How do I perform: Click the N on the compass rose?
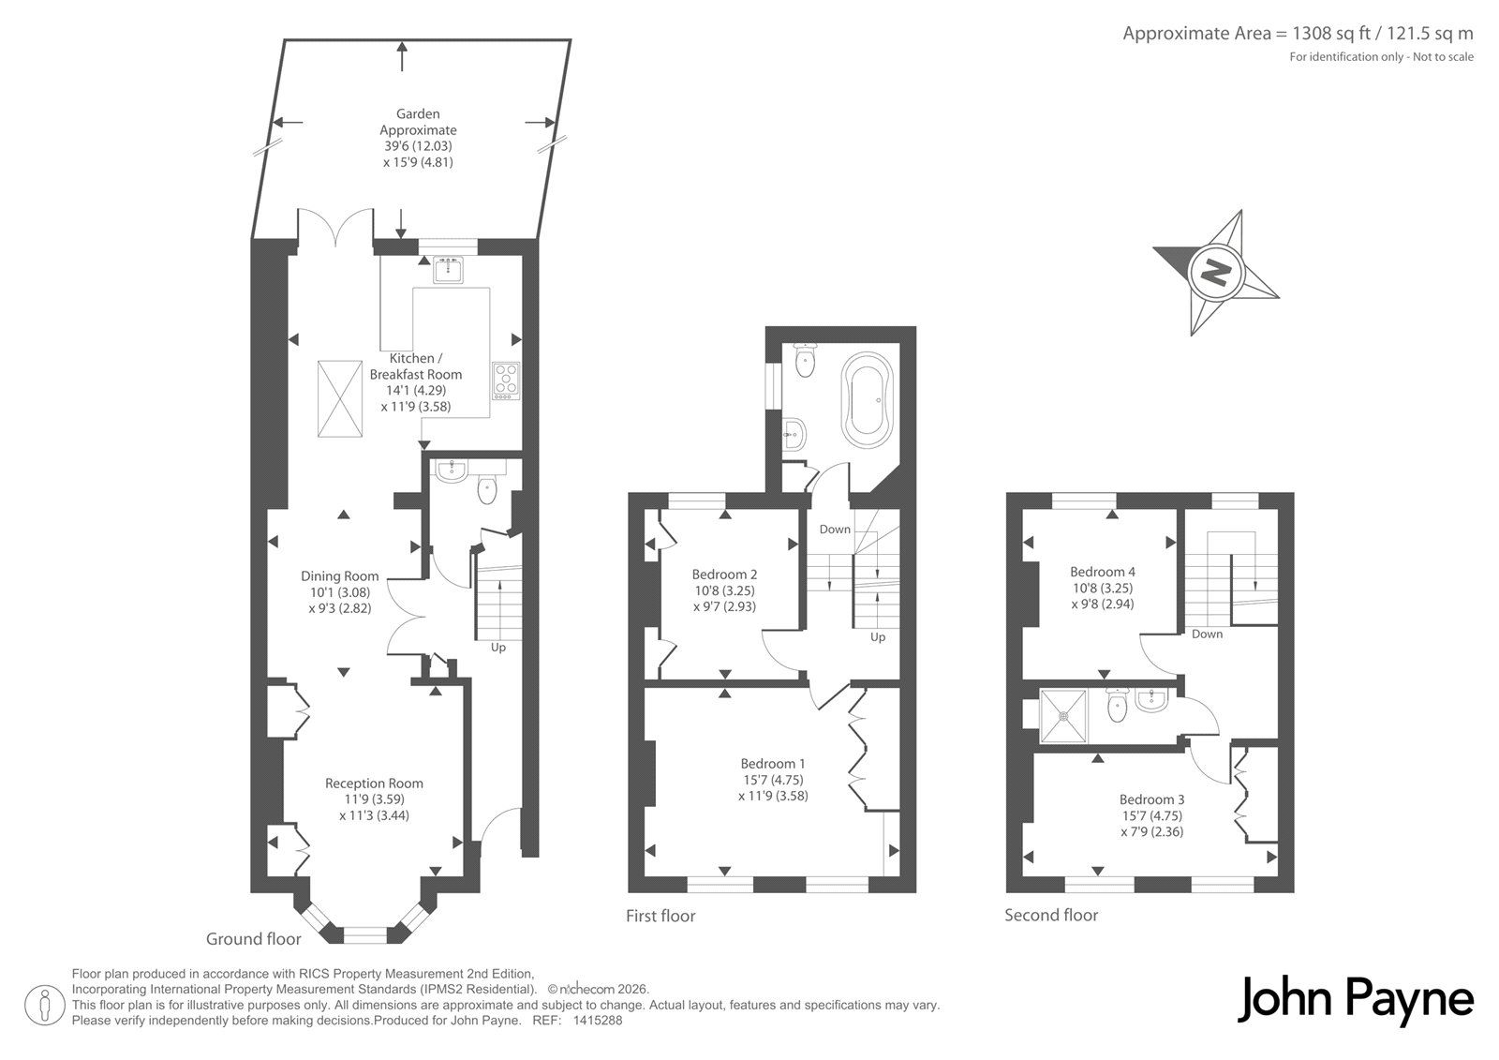(x=1216, y=273)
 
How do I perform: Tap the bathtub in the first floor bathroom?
(x=868, y=400)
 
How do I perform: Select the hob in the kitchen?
(x=506, y=381)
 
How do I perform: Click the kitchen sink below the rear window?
(x=447, y=270)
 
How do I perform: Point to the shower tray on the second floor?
(x=1063, y=716)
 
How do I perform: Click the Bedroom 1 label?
(x=773, y=763)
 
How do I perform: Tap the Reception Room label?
(x=374, y=783)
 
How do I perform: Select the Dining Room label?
(x=340, y=575)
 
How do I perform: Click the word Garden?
(x=418, y=113)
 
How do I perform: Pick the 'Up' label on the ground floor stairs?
(x=498, y=648)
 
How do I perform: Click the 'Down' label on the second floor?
(x=1208, y=635)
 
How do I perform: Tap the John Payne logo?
(x=1355, y=1001)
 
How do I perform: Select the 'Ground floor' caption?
(x=254, y=939)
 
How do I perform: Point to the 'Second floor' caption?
(x=1051, y=915)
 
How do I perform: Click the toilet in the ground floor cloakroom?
(x=487, y=487)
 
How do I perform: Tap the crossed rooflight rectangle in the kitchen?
(x=340, y=399)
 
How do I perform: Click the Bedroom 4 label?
(x=1102, y=572)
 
